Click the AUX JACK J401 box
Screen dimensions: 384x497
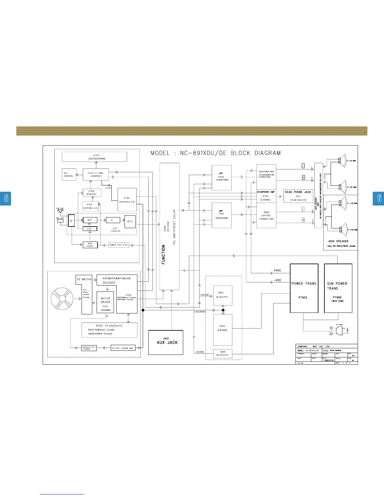point(166,342)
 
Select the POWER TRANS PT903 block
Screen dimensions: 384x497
point(304,288)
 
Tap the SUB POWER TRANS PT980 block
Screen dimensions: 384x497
point(338,288)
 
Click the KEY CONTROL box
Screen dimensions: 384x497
point(69,175)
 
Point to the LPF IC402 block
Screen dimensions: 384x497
point(221,178)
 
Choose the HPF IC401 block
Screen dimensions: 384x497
point(221,215)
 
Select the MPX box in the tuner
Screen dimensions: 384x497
point(130,222)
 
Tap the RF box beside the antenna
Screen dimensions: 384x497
point(72,221)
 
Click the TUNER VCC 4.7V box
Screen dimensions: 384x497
point(119,245)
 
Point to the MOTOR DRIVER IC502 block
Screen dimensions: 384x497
point(105,302)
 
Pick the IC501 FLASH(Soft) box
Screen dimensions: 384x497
point(109,330)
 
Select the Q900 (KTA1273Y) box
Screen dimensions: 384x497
point(223,354)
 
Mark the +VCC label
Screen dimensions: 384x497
point(277,270)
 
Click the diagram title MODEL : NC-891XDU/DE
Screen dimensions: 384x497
point(216,153)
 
